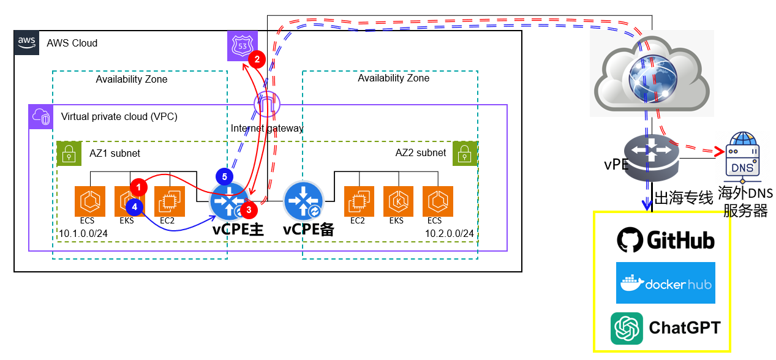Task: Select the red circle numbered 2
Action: (x=257, y=59)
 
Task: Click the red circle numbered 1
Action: (x=139, y=186)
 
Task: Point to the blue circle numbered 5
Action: (x=225, y=176)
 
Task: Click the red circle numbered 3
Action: (x=249, y=209)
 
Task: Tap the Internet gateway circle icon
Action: (x=266, y=105)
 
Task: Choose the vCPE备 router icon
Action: (x=304, y=200)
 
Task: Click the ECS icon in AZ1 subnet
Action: (x=87, y=201)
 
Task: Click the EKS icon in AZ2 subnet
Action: (x=396, y=201)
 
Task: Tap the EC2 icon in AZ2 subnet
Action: (x=358, y=201)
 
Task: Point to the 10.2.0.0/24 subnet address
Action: (x=450, y=233)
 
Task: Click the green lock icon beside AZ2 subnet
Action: (x=465, y=154)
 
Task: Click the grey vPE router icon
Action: (x=652, y=156)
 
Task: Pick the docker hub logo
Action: (x=665, y=283)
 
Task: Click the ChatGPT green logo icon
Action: (x=627, y=329)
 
